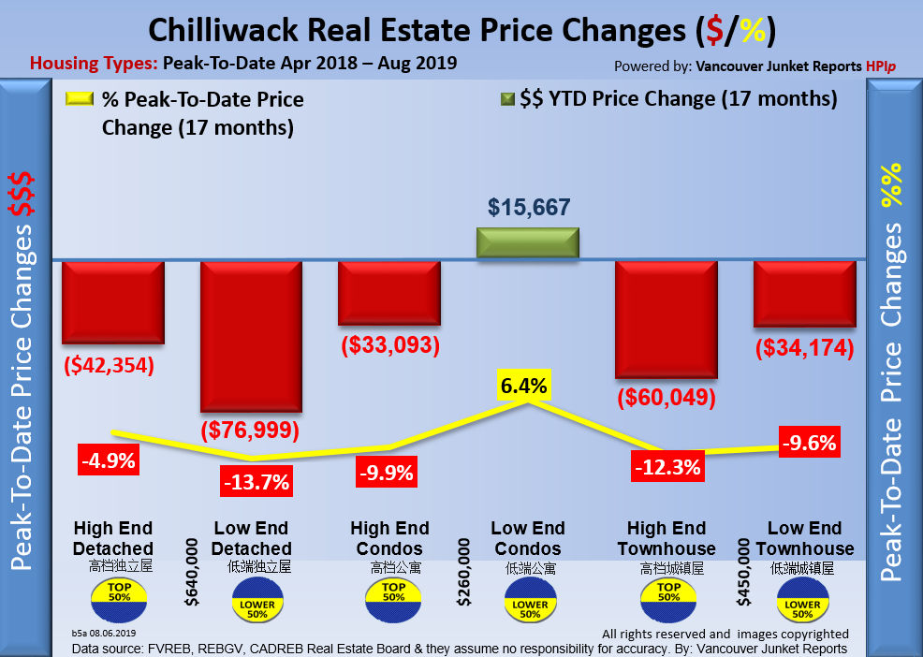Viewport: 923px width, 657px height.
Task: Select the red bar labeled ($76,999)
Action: coord(252,335)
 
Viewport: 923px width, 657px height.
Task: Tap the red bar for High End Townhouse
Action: coord(666,318)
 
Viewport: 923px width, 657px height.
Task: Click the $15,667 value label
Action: coord(529,207)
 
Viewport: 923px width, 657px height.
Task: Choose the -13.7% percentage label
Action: coord(256,483)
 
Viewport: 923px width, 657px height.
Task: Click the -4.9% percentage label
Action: coord(109,460)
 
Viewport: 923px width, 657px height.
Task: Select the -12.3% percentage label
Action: coord(667,466)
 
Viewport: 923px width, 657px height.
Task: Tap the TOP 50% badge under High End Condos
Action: coord(393,594)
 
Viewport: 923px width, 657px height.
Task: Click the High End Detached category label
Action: coord(112,538)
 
